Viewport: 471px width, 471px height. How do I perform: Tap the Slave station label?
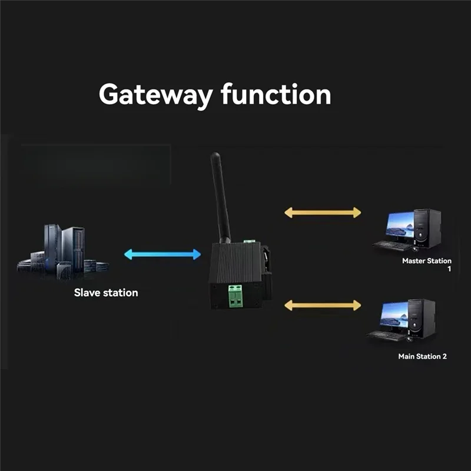(106, 292)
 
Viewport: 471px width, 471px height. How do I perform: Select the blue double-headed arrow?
(162, 254)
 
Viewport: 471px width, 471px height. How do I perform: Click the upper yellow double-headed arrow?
(323, 213)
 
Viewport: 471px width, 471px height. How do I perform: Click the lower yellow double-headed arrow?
(323, 304)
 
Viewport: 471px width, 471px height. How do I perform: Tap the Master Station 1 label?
(426, 260)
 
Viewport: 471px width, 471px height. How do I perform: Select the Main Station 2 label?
(422, 356)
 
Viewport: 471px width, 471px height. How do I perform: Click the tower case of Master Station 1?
(427, 228)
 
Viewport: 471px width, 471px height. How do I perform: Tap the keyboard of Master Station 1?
(391, 244)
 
